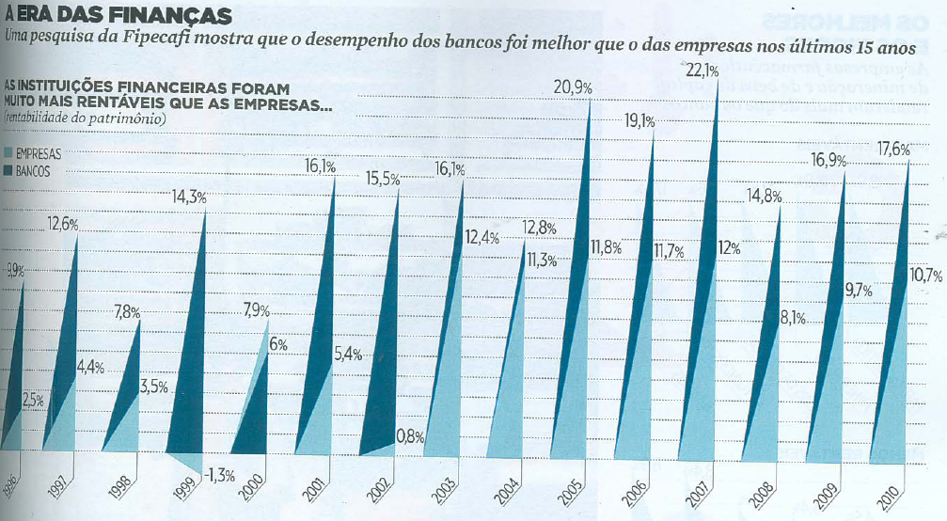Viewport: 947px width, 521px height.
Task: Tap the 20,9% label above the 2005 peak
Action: point(573,87)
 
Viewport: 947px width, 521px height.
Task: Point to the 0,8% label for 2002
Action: point(411,435)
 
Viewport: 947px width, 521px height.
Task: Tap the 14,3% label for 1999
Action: point(189,197)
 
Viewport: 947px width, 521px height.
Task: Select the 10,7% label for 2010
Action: point(925,276)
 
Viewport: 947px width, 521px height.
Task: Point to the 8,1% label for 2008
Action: point(795,317)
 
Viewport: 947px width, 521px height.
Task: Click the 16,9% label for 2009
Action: point(828,160)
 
